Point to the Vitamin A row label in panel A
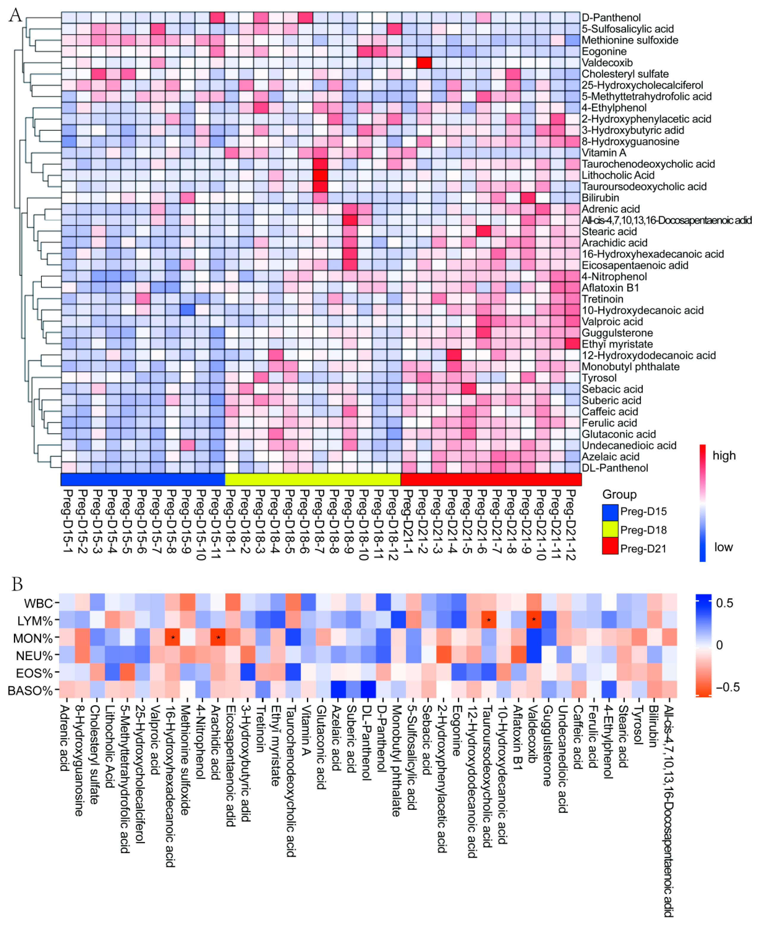pyautogui.click(x=603, y=152)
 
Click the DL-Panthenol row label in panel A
pyautogui.click(x=614, y=468)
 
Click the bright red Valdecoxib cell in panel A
pyautogui.click(x=424, y=62)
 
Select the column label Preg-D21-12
pyautogui.click(x=571, y=524)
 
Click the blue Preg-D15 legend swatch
pyautogui.click(x=610, y=511)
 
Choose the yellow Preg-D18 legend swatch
pyautogui.click(x=610, y=530)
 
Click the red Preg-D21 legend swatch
pyautogui.click(x=610, y=548)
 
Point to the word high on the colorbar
pyautogui.click(x=724, y=455)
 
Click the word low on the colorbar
pyautogui.click(x=723, y=547)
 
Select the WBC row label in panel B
pyautogui.click(x=38, y=603)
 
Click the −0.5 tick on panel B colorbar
pyautogui.click(x=728, y=687)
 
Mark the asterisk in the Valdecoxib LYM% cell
pyautogui.click(x=534, y=620)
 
